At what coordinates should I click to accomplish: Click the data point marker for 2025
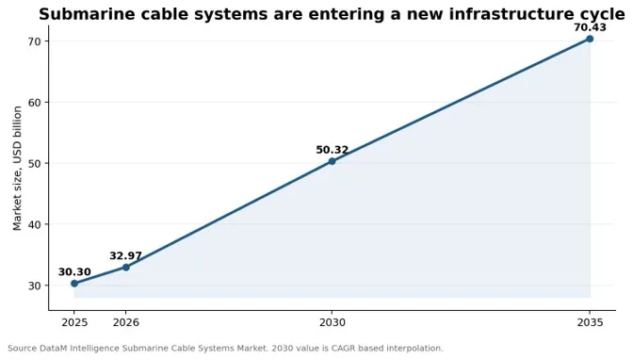(x=74, y=284)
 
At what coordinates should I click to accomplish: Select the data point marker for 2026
(x=126, y=267)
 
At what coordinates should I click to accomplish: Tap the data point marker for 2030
(x=332, y=161)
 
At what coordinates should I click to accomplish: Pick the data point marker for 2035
(x=590, y=39)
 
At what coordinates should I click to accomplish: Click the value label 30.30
(x=74, y=272)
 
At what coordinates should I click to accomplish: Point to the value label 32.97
(x=125, y=255)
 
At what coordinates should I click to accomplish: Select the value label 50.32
(x=332, y=150)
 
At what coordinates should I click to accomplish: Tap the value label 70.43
(x=590, y=27)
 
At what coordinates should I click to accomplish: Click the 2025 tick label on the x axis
(x=74, y=322)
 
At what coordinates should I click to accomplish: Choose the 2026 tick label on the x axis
(x=126, y=322)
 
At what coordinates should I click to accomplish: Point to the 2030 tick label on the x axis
(x=333, y=322)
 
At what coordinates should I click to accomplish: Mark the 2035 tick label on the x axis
(x=590, y=322)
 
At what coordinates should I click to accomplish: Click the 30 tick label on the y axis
(x=34, y=286)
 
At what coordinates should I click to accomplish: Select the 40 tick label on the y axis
(x=34, y=224)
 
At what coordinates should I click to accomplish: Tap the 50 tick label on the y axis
(x=34, y=163)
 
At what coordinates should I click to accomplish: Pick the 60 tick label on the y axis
(x=34, y=102)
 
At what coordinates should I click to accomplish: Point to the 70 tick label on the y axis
(x=34, y=41)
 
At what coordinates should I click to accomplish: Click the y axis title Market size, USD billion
(x=17, y=168)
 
